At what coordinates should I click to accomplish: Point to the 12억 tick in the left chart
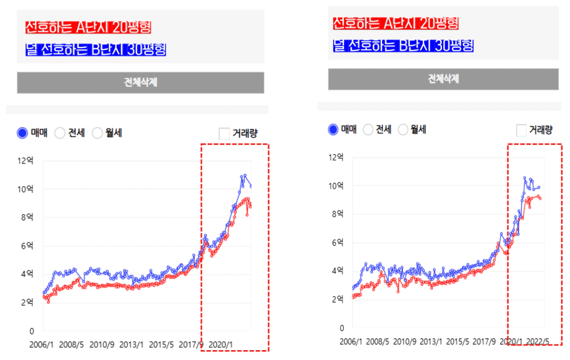click(x=26, y=160)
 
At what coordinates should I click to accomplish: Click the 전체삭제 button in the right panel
click(x=443, y=79)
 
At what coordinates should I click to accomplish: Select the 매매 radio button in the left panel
click(x=22, y=133)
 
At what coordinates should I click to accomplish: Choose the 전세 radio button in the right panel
click(x=368, y=130)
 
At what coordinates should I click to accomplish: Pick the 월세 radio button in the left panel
click(x=97, y=133)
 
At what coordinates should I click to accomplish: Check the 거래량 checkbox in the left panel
click(x=224, y=133)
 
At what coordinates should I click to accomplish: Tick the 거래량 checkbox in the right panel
click(x=522, y=130)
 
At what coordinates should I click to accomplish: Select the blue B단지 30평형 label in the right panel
click(x=403, y=45)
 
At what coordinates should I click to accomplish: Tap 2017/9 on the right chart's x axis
click(x=483, y=342)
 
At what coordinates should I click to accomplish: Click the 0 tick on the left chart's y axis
click(x=31, y=331)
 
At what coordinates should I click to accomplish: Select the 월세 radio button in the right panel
click(x=403, y=130)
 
